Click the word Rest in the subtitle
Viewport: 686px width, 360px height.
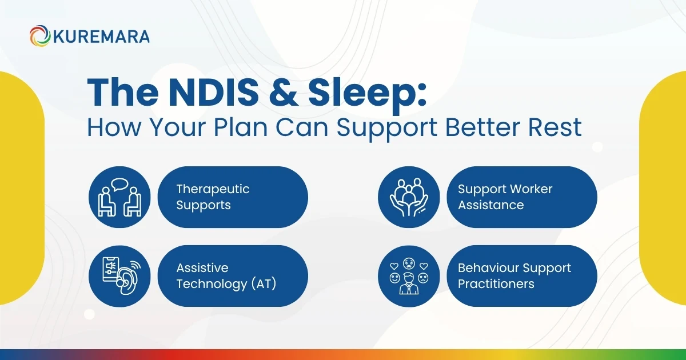(554, 127)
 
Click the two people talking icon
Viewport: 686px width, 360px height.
(119, 197)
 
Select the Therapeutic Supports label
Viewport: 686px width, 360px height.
(213, 197)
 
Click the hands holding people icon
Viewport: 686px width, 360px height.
(409, 197)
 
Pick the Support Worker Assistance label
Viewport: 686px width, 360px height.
(505, 197)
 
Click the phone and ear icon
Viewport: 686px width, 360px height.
(119, 276)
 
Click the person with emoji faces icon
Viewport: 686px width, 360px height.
(409, 276)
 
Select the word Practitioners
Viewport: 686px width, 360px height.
(496, 284)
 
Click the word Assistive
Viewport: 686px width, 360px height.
(202, 268)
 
